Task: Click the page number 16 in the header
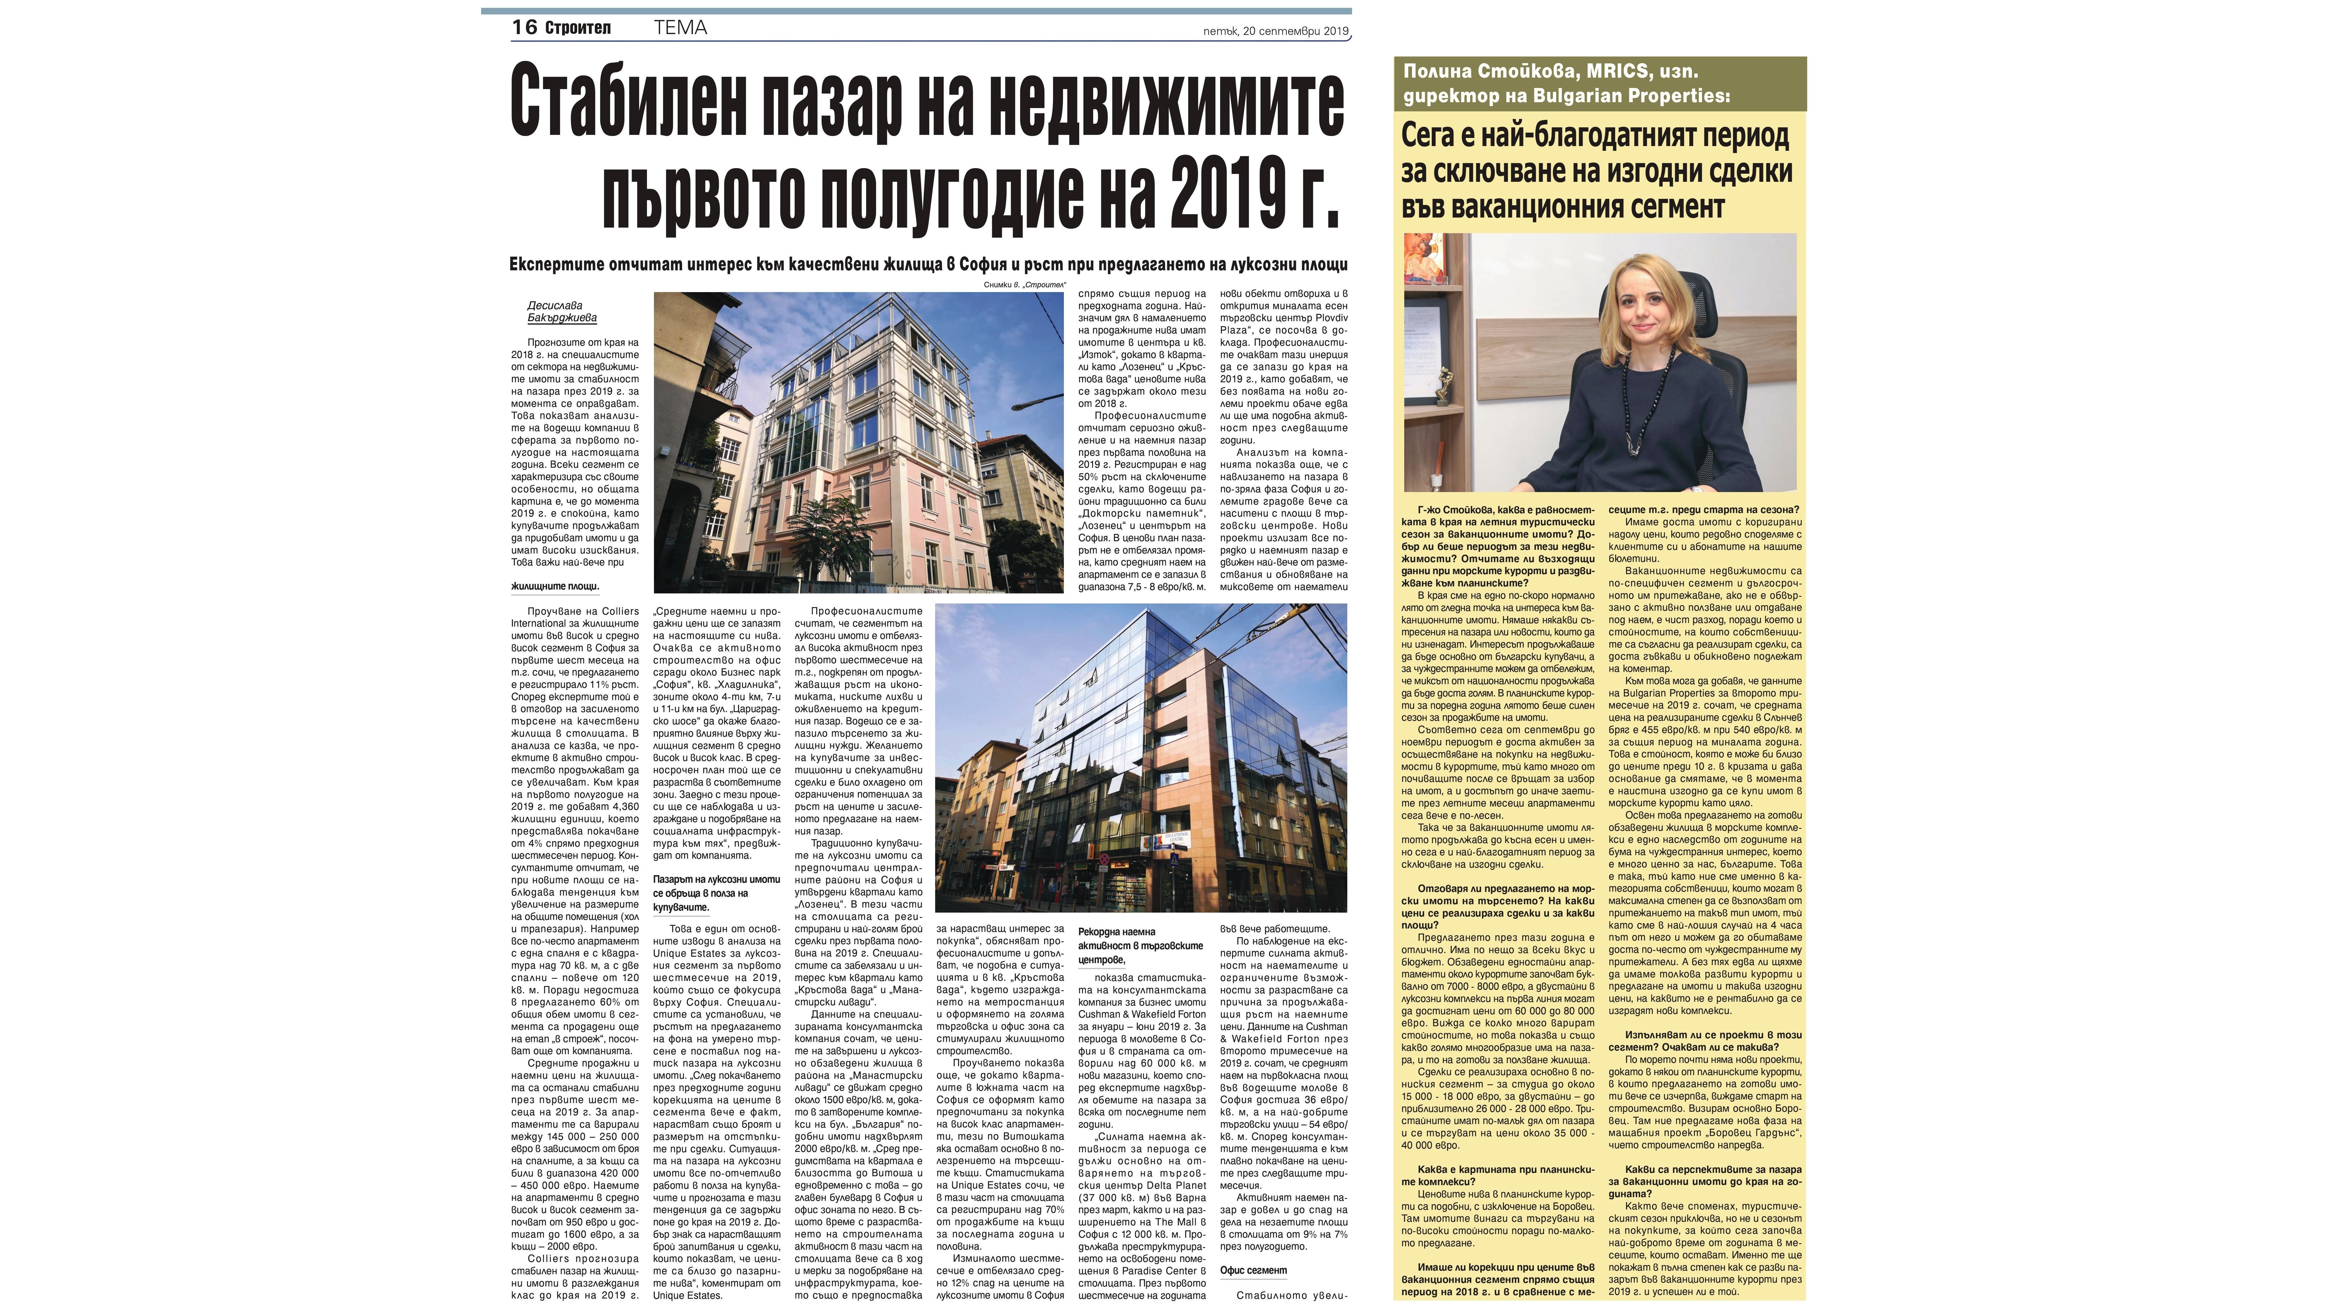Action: (x=525, y=27)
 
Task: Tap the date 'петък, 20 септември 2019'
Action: (x=1275, y=31)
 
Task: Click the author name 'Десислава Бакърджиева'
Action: (x=562, y=311)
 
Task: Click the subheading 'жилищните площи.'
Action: (x=555, y=586)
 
